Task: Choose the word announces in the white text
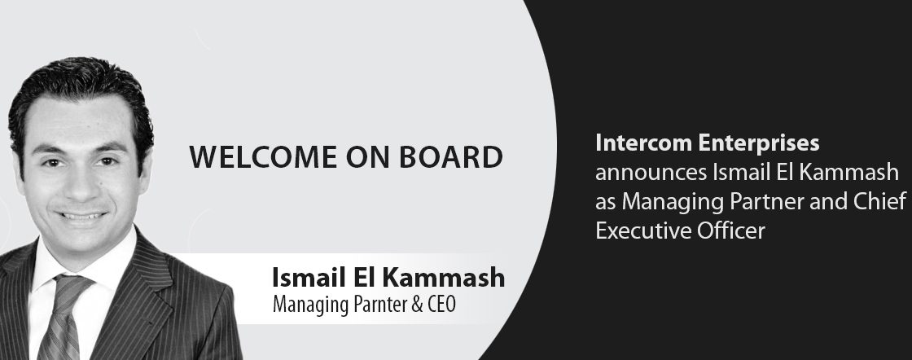(x=649, y=173)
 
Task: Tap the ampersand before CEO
(x=417, y=305)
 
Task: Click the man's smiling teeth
(x=82, y=216)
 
